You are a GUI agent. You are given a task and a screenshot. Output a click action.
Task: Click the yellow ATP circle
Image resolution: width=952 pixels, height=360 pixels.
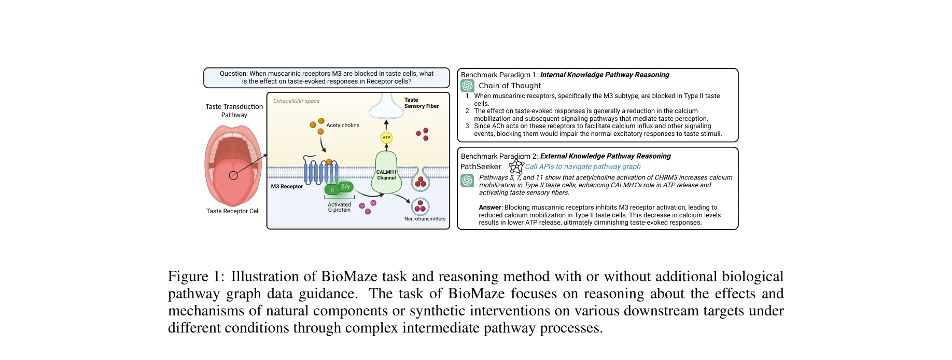pyautogui.click(x=386, y=137)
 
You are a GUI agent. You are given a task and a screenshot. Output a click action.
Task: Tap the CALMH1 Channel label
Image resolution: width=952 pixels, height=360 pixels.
pyautogui.click(x=386, y=175)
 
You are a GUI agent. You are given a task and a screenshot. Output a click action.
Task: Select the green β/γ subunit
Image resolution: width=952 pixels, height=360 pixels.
pyautogui.click(x=346, y=186)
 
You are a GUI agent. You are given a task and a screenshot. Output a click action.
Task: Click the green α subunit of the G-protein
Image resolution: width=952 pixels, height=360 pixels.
pyautogui.click(x=332, y=190)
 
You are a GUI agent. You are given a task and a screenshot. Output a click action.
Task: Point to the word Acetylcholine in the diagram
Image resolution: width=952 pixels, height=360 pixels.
pyautogui.click(x=343, y=125)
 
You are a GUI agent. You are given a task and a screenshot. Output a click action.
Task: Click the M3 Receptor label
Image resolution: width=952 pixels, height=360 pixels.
pyautogui.click(x=287, y=186)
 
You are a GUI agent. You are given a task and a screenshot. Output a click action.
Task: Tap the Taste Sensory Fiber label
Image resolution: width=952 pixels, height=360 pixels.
pyautogui.click(x=421, y=103)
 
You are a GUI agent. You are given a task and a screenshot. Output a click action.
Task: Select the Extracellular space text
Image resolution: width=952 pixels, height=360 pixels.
pyautogui.click(x=296, y=101)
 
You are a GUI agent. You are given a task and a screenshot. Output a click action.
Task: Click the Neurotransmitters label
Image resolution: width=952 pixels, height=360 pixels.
pyautogui.click(x=425, y=219)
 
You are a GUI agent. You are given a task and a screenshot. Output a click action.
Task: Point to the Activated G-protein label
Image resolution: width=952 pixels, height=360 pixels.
pyautogui.click(x=339, y=207)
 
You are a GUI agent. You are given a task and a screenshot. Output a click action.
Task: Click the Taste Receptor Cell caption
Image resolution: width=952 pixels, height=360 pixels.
pyautogui.click(x=233, y=211)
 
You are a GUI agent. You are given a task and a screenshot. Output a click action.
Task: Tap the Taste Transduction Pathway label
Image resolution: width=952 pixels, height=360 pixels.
pyautogui.click(x=234, y=110)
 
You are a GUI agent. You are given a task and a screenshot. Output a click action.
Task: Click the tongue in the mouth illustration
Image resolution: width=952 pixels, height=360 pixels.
pyautogui.click(x=233, y=179)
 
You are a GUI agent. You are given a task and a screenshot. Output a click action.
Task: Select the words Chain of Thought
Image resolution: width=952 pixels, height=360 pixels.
pyautogui.click(x=510, y=86)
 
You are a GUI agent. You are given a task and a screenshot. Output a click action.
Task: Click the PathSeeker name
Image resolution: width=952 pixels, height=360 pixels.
pyautogui.click(x=481, y=167)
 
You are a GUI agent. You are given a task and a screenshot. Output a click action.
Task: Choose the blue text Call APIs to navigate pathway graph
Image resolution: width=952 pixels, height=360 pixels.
pyautogui.click(x=582, y=167)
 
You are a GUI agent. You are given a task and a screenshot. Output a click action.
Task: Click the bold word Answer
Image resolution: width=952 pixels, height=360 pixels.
pyautogui.click(x=489, y=207)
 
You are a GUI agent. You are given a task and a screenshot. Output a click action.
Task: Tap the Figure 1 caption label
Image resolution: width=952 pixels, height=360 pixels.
pyautogui.click(x=195, y=276)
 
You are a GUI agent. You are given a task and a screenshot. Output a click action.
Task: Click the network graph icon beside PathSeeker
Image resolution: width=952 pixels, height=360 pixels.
pyautogui.click(x=516, y=166)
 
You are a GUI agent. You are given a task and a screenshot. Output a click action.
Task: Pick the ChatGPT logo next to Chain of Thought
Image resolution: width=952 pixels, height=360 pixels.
pyautogui.click(x=468, y=86)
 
